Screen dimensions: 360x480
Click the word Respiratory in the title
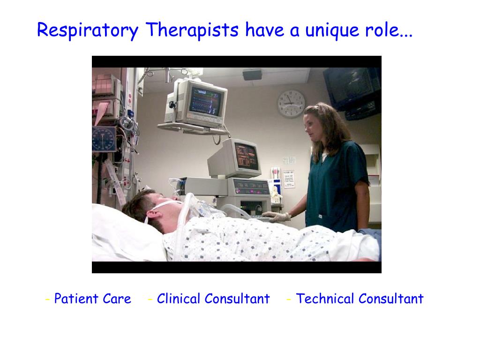point(88,31)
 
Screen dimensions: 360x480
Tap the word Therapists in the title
point(192,31)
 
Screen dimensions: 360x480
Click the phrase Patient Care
point(92,299)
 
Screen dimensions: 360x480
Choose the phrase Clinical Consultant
point(213,299)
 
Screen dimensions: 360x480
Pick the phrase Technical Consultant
point(360,299)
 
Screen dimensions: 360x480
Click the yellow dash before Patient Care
point(48,299)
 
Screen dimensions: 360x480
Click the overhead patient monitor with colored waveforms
point(205,101)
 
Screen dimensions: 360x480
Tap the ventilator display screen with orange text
point(247,157)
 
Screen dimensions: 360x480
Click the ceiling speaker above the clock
point(252,75)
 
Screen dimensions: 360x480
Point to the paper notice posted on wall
point(289,179)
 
